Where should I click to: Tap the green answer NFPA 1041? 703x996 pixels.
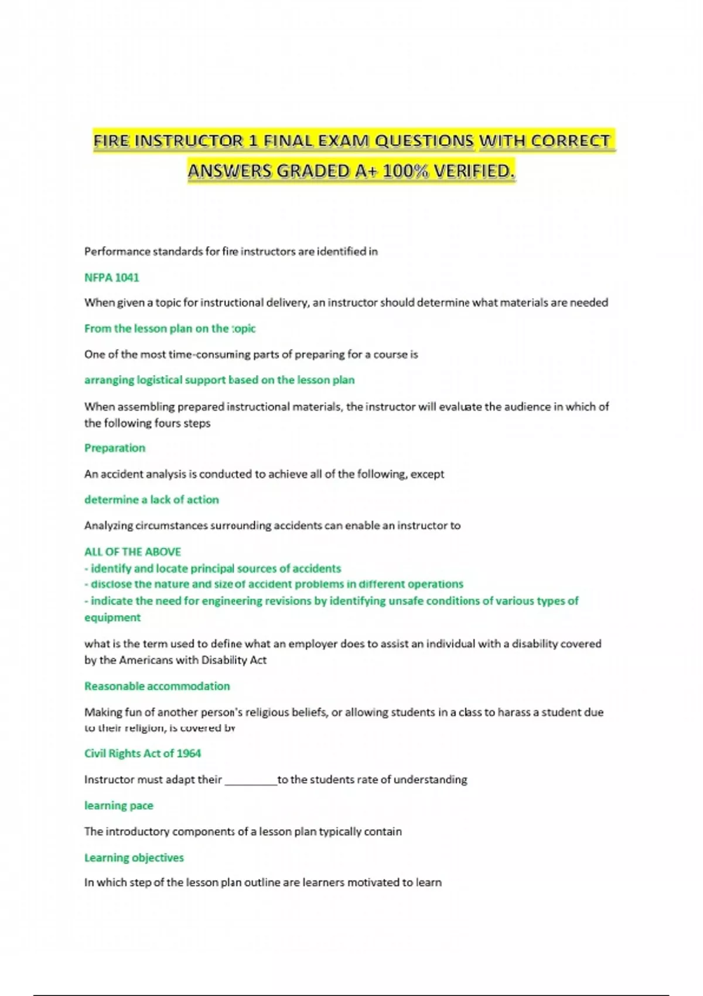[111, 277]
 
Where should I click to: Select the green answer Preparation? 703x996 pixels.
[115, 448]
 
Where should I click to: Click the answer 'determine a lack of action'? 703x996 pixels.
[151, 499]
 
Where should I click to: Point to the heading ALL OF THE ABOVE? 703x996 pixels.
[132, 551]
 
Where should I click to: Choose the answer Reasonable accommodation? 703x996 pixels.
[157, 685]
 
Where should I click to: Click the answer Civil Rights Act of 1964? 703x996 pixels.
[142, 753]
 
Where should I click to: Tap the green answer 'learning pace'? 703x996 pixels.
[118, 805]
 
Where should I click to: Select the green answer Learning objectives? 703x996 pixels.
[134, 857]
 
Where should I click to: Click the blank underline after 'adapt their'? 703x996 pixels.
[251, 780]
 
